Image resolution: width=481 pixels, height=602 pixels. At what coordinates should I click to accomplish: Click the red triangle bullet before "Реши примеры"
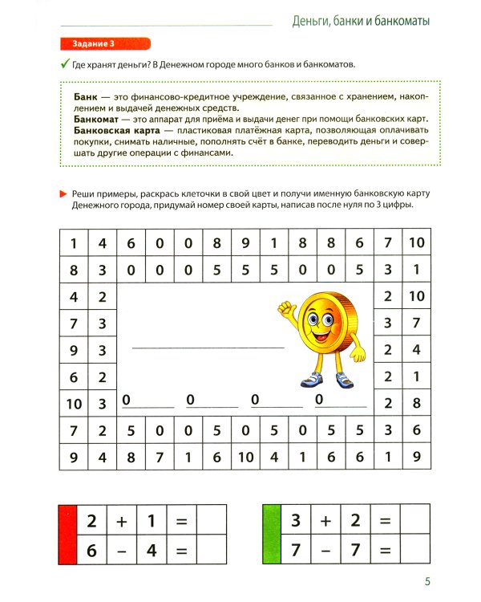(63, 193)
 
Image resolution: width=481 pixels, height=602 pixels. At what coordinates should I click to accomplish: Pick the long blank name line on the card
(208, 348)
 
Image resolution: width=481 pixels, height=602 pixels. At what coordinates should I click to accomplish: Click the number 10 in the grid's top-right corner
(416, 242)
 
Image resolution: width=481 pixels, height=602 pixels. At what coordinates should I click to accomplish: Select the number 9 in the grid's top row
(245, 242)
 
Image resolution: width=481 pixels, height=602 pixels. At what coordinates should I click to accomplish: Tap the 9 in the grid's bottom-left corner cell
(74, 458)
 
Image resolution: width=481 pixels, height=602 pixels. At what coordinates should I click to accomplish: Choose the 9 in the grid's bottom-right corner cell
(416, 458)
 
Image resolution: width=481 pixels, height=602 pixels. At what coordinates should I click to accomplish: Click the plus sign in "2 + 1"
(121, 521)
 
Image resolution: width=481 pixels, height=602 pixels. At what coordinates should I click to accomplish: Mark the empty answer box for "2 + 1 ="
(212, 521)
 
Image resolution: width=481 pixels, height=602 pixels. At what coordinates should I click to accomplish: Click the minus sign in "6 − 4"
(121, 551)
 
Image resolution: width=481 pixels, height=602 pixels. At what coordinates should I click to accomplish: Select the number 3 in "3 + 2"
(296, 521)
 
